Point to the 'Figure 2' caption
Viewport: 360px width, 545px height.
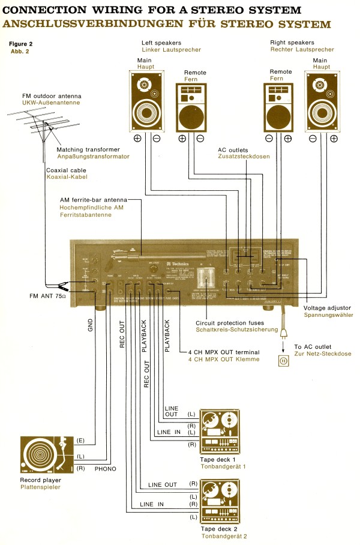(x=21, y=44)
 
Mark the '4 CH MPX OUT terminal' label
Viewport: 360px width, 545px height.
(x=223, y=352)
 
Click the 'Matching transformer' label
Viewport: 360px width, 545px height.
(x=88, y=149)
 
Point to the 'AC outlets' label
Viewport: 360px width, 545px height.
(x=235, y=148)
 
